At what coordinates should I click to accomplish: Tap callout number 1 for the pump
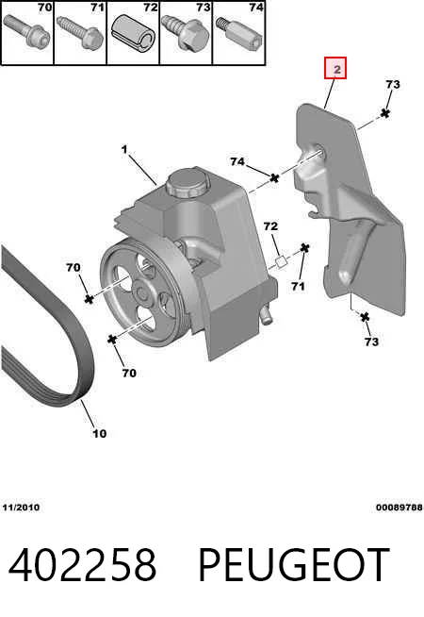(x=124, y=149)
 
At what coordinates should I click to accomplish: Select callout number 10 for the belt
(x=100, y=433)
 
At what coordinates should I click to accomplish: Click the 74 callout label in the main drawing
(x=237, y=161)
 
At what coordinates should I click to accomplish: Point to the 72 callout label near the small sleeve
(x=270, y=225)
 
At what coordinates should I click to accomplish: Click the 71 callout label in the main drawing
(x=299, y=286)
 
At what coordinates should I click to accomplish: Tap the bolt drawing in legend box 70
(x=26, y=32)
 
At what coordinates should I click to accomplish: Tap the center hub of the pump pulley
(x=141, y=292)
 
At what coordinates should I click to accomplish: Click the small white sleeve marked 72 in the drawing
(x=282, y=262)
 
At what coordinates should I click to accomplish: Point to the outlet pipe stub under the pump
(x=267, y=314)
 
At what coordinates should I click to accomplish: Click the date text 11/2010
(x=21, y=508)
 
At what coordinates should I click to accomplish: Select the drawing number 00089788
(x=399, y=508)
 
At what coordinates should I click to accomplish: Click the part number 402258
(x=82, y=565)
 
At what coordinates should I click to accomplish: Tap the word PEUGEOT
(x=294, y=565)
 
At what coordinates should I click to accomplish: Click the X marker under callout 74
(x=274, y=177)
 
